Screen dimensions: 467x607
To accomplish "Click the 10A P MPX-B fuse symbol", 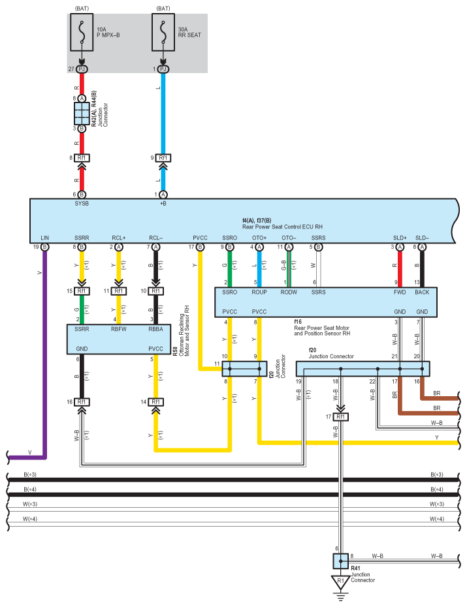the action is tap(82, 33).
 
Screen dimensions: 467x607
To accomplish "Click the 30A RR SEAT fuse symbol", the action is tap(163, 33).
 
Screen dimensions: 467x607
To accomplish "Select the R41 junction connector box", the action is tap(340, 561).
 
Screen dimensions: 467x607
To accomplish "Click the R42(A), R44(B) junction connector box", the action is tap(82, 114).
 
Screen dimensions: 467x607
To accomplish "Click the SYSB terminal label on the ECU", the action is tap(82, 204).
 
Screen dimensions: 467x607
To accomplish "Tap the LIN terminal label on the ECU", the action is tap(45, 238).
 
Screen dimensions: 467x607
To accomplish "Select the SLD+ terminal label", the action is tap(400, 238).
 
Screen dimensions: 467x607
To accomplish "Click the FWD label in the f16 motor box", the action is tap(400, 292).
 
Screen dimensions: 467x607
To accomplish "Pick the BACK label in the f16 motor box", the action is tap(422, 292).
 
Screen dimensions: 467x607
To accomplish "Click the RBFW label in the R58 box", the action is tap(119, 329).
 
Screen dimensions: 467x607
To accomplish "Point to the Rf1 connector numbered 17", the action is tap(341, 416).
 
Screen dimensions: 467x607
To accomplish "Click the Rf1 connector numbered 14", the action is tap(155, 402).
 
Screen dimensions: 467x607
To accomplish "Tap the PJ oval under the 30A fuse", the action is tap(163, 69).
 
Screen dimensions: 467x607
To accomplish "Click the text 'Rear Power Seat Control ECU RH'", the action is tap(282, 227).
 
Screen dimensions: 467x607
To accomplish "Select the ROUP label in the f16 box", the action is tap(259, 292).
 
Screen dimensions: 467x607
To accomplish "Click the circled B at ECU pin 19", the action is tap(45, 247).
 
